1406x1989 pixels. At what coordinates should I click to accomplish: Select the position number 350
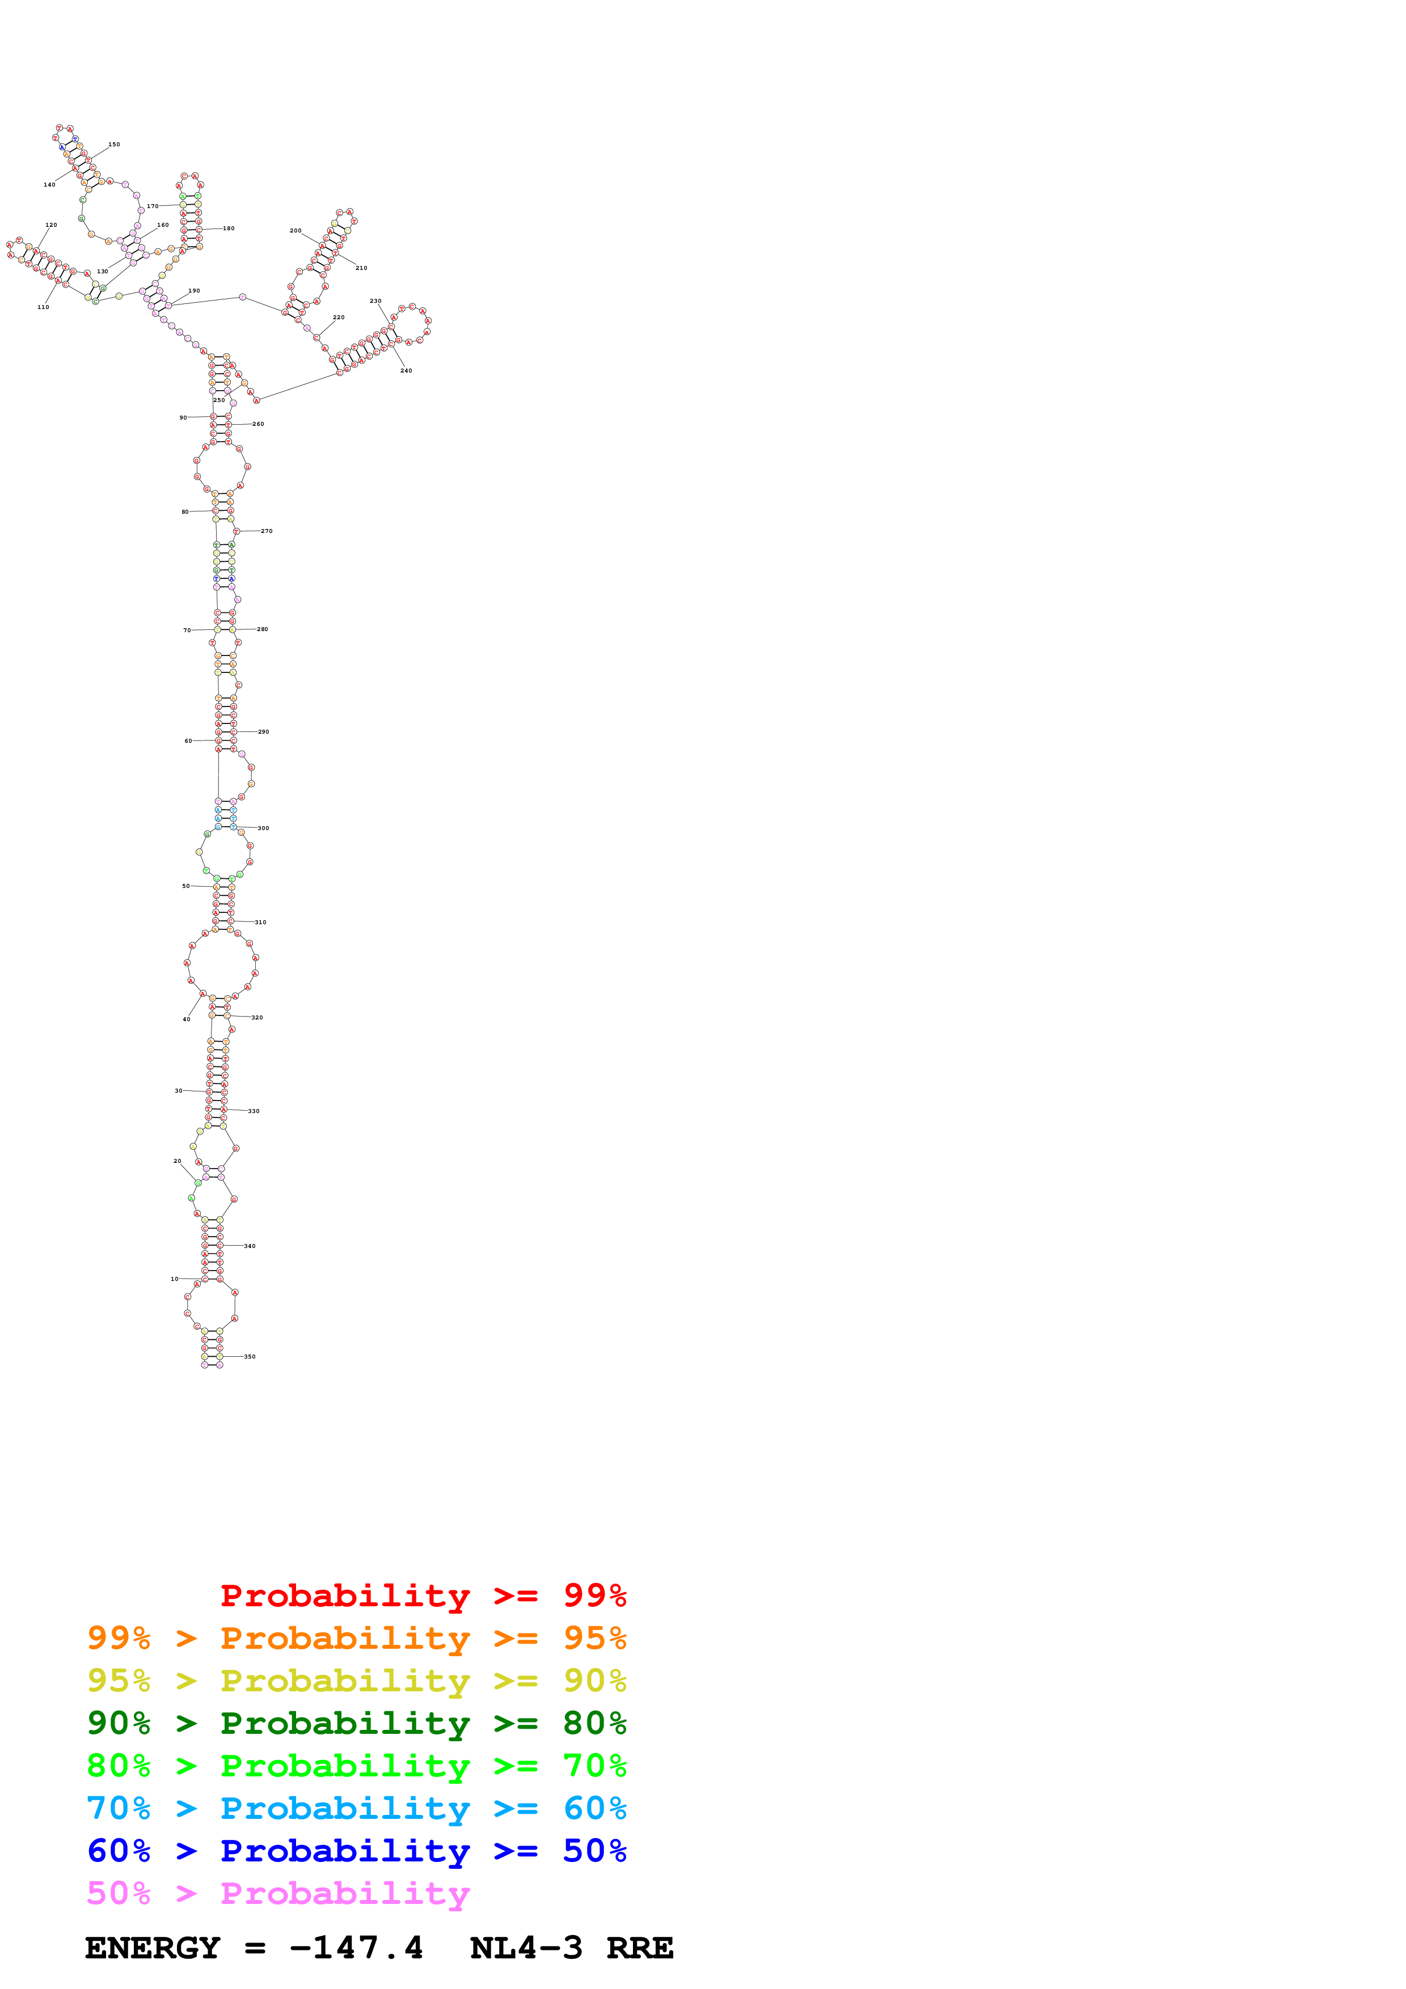click(x=250, y=1357)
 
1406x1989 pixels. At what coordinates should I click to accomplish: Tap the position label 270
click(x=267, y=531)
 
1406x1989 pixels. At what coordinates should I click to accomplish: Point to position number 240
click(x=406, y=371)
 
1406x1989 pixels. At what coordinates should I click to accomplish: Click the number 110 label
click(x=43, y=307)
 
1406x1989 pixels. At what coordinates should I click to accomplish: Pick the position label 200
click(x=295, y=231)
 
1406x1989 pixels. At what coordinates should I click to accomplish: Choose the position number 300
click(x=263, y=828)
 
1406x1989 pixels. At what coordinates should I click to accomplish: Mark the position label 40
click(x=186, y=1019)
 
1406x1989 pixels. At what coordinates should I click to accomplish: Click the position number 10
click(x=174, y=1279)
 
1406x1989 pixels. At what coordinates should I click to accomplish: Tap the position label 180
click(x=229, y=228)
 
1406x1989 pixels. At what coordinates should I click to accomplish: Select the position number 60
click(x=188, y=740)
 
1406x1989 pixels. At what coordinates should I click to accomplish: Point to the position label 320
click(x=257, y=1018)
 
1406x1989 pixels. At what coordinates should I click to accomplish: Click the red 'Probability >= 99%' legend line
click(x=423, y=1596)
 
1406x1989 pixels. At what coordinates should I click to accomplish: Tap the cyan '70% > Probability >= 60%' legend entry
click(x=356, y=1808)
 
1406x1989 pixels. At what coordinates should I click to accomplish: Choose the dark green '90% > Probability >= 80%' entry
click(x=356, y=1723)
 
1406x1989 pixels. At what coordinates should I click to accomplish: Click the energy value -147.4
click(x=356, y=1948)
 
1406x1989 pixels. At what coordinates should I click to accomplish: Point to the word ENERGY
click(x=153, y=1948)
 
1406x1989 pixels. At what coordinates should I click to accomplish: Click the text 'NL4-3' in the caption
click(x=526, y=1948)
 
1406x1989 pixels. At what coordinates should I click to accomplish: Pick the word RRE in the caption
click(x=639, y=1948)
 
